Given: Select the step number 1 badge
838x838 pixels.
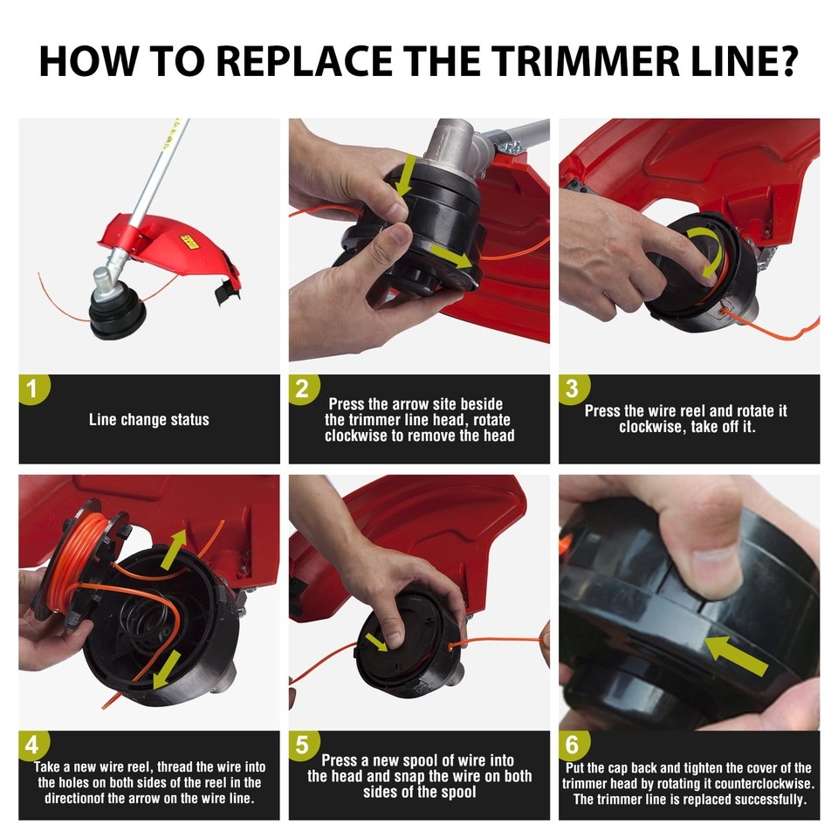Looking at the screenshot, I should pos(33,389).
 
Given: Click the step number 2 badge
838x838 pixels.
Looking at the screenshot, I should pos(303,389).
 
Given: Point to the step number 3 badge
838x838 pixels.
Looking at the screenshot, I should pos(573,389).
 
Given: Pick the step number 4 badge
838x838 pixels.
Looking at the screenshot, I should pos(33,746).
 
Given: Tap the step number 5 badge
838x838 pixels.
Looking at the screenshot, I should pos(303,746).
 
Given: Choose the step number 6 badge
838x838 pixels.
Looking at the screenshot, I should pos(573,746).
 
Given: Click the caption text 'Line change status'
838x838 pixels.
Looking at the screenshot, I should pos(149,420).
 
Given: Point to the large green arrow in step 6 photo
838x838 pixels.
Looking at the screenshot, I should pos(738,656).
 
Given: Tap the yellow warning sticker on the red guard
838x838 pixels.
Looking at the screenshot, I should pos(186,238).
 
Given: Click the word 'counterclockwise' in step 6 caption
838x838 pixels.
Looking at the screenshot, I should pos(756,784).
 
